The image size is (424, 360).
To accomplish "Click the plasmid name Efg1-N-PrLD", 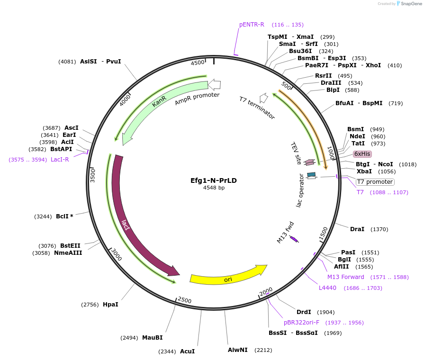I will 214,180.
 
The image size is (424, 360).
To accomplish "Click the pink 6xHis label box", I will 362,153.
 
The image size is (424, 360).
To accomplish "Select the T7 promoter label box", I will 375,182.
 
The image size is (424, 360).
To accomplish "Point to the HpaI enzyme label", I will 110,305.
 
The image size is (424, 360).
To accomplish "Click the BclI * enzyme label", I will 64,216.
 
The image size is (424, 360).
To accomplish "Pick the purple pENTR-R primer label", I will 252,25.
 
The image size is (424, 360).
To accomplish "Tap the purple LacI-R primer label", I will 60,160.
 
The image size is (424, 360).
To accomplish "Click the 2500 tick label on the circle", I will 184,300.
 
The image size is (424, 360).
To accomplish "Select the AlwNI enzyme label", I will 238,350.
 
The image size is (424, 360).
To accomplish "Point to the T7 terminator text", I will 256,108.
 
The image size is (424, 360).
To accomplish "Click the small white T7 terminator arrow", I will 264,98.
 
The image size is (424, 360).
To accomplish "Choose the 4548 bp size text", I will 214,188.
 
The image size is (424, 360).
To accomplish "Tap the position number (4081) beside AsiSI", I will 67,62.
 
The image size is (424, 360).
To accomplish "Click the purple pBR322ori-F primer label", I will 301,323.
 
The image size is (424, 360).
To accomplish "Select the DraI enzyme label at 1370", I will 357,229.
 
